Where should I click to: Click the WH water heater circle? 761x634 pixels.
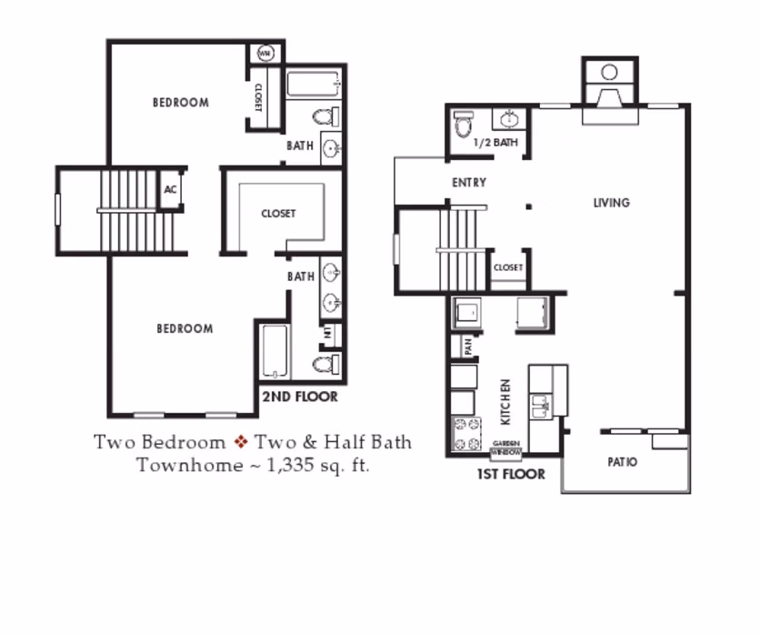265,54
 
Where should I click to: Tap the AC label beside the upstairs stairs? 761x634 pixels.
170,190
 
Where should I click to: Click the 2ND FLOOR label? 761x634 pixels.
299,397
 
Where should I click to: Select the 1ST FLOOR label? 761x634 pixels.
510,474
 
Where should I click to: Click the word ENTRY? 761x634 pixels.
469,183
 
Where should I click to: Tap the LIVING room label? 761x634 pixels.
611,202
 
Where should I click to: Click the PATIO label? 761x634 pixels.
622,462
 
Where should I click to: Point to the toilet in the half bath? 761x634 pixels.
464,124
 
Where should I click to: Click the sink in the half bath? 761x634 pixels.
509,118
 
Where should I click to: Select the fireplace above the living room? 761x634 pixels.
609,86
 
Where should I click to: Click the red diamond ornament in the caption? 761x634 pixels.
241,443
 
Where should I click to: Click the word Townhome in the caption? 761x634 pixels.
178,465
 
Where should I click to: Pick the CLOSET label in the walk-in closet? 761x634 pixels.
278,214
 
